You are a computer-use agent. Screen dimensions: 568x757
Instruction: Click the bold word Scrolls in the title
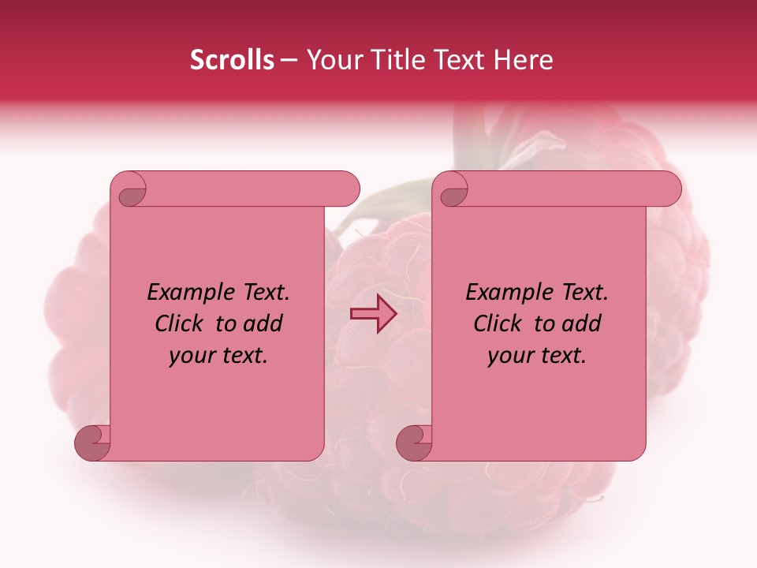pos(232,60)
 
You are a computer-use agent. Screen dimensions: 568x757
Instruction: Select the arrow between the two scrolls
pos(374,313)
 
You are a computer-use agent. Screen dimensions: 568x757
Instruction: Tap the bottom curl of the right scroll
pos(416,442)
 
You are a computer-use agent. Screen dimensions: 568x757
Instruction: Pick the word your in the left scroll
pos(192,356)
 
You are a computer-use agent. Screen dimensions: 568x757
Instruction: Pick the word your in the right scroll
pos(510,356)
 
